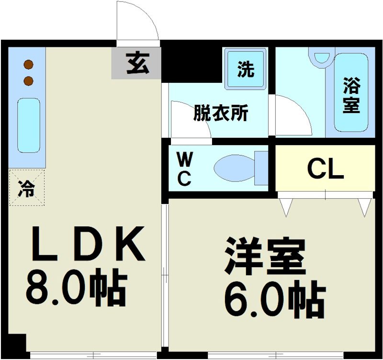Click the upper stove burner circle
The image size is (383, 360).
[29, 64]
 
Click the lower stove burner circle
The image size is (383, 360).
[29, 80]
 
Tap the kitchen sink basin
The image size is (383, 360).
[29, 125]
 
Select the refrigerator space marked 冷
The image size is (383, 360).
[26, 187]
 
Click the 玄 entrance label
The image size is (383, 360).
[137, 63]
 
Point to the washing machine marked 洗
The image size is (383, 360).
[246, 70]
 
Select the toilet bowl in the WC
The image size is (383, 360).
[235, 169]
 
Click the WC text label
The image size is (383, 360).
[184, 169]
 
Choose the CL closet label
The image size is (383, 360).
[325, 169]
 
